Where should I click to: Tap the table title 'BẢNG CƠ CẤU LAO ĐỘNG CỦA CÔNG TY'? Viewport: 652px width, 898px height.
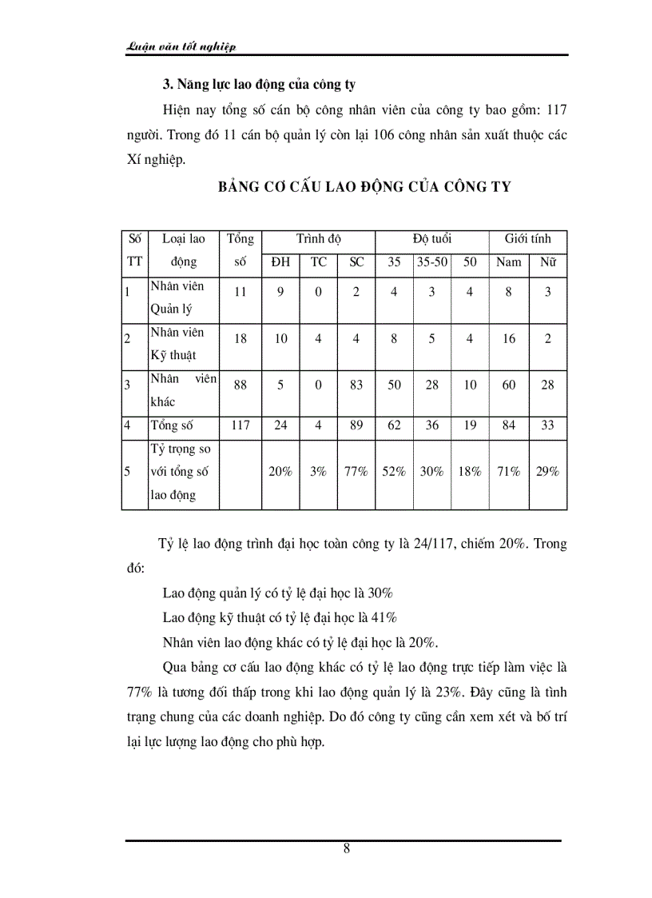pyautogui.click(x=364, y=187)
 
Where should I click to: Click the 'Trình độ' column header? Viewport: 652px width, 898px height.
pyautogui.click(x=318, y=239)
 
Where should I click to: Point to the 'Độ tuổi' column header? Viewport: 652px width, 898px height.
pyautogui.click(x=432, y=239)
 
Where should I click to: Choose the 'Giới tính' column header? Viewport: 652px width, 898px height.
pyautogui.click(x=527, y=239)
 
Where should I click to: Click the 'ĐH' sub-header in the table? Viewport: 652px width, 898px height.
pyautogui.click(x=280, y=262)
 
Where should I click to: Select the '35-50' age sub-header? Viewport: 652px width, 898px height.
pyautogui.click(x=431, y=262)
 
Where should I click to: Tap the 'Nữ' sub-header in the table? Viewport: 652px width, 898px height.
pyautogui.click(x=547, y=262)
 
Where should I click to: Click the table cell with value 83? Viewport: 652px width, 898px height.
pyautogui.click(x=356, y=385)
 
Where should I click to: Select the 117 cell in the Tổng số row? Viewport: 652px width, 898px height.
pyautogui.click(x=241, y=425)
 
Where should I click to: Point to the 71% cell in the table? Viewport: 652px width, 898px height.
pyautogui.click(x=509, y=472)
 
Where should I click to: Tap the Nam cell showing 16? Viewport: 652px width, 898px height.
pyautogui.click(x=509, y=339)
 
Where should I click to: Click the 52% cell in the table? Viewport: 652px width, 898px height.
pyautogui.click(x=394, y=472)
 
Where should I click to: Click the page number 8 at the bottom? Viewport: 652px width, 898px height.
pyautogui.click(x=346, y=848)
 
